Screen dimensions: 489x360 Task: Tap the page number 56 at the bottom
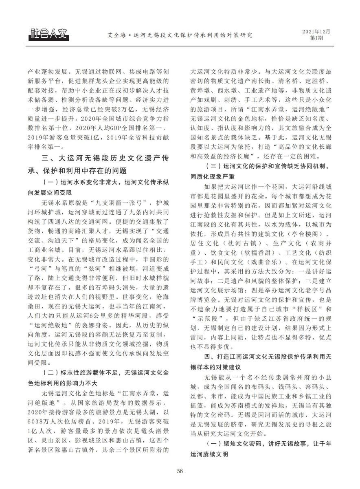click(180, 471)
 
